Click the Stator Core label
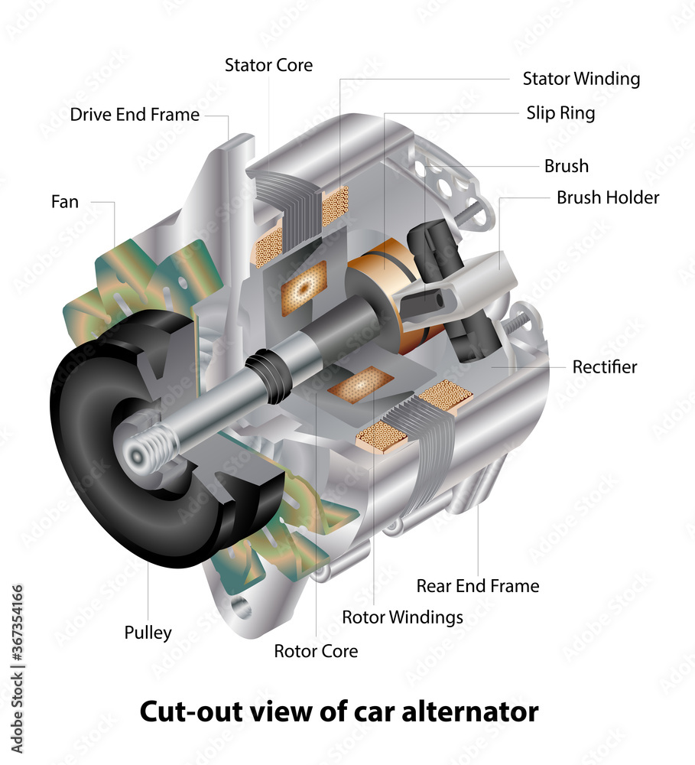268,65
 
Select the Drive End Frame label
135,115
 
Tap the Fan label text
64,202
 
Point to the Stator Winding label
581,78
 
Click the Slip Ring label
560,113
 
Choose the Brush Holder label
607,197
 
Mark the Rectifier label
604,366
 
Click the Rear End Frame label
477,586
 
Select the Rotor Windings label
402,617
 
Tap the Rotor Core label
316,651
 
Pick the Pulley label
148,633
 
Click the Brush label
566,166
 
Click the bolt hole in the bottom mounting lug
242,607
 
